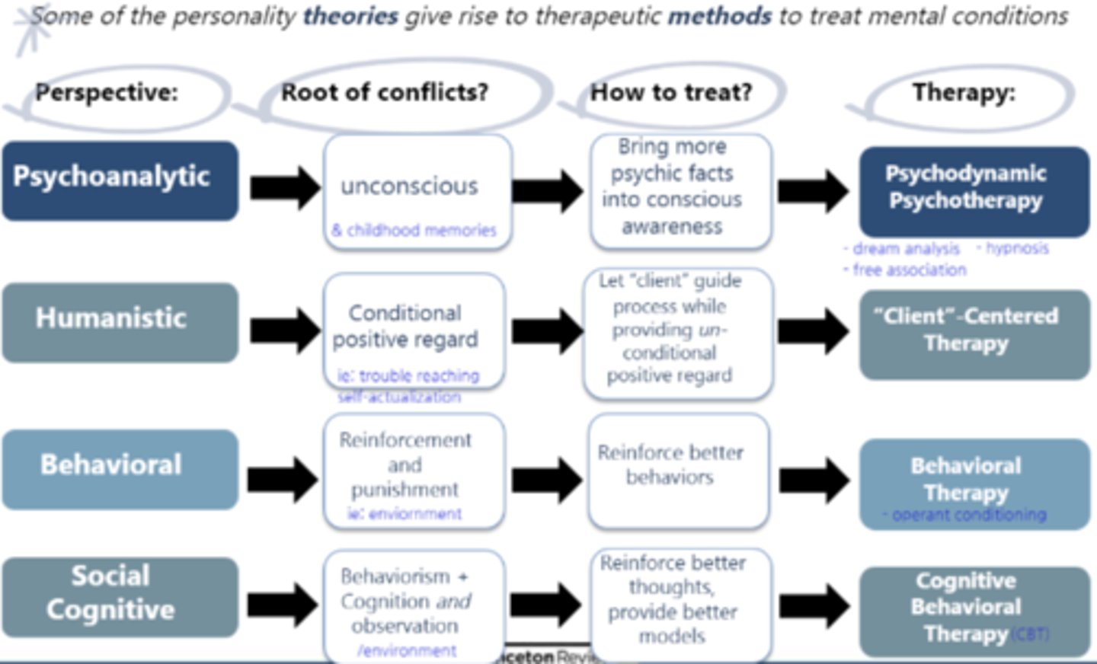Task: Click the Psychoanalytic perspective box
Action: (x=120, y=180)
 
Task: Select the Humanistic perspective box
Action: (x=120, y=321)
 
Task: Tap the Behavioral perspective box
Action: (x=120, y=468)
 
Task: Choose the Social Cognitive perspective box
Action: (x=120, y=595)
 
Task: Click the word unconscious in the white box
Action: (x=410, y=186)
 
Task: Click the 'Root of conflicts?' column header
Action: (x=385, y=93)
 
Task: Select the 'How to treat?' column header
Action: (x=671, y=93)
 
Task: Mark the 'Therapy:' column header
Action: (x=964, y=93)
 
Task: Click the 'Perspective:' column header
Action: (x=107, y=93)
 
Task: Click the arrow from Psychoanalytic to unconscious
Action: (x=285, y=187)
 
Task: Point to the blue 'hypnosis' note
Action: (x=1017, y=248)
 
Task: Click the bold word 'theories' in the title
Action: (x=350, y=15)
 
